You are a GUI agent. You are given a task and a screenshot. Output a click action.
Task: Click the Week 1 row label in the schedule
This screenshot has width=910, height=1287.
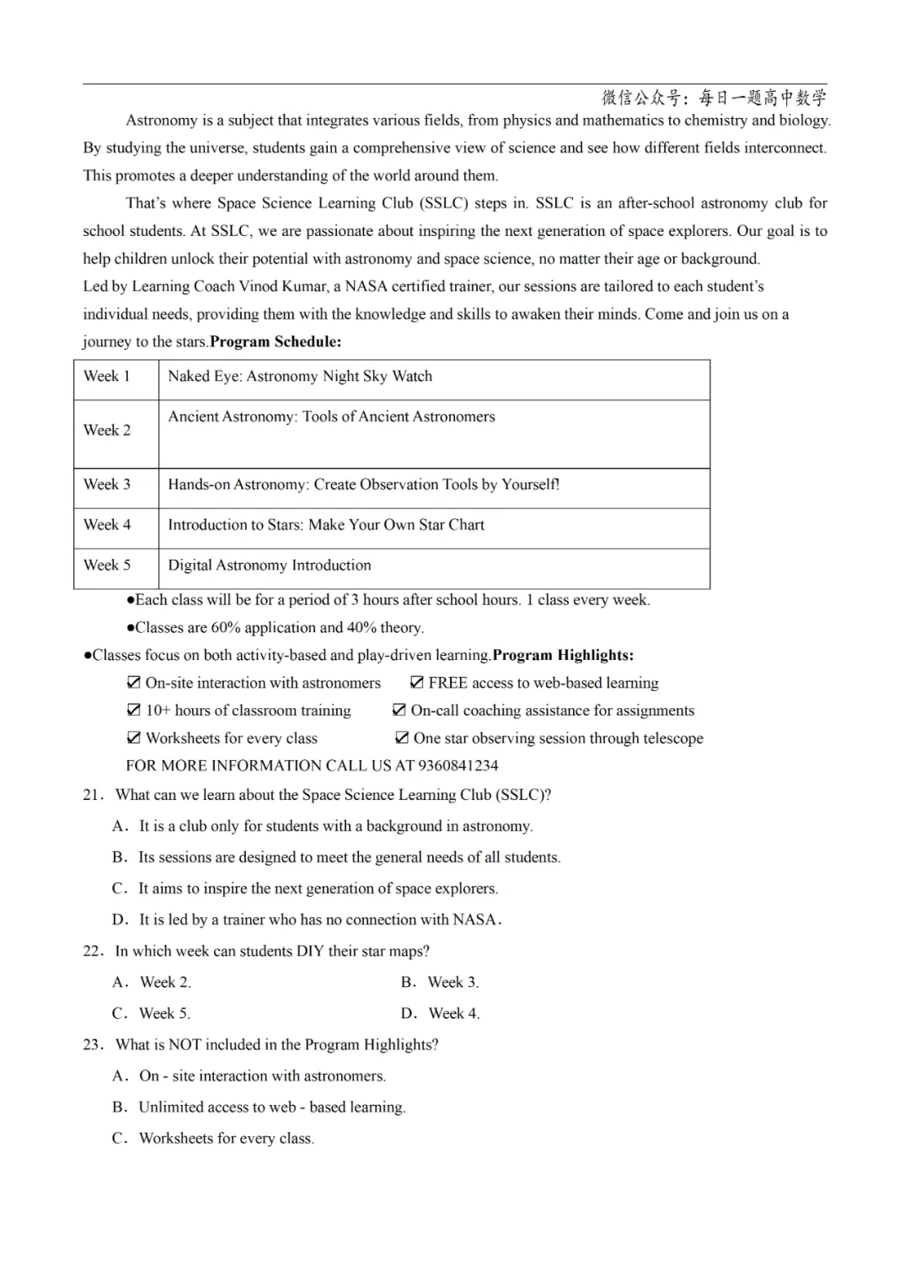pyautogui.click(x=107, y=377)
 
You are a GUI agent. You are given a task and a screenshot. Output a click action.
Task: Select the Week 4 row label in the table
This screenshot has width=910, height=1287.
pyautogui.click(x=107, y=525)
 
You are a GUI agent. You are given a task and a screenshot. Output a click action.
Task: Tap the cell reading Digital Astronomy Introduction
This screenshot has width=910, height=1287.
pyautogui.click(x=270, y=566)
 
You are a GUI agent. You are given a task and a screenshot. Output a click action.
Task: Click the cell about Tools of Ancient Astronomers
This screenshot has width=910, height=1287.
pyautogui.click(x=331, y=417)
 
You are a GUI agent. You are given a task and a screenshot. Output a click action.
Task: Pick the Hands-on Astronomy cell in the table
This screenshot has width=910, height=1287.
pyautogui.click(x=363, y=485)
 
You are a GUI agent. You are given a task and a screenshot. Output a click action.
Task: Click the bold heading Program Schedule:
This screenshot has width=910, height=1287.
pyautogui.click(x=276, y=342)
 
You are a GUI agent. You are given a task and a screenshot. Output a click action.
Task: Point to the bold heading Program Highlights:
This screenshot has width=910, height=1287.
pyautogui.click(x=563, y=656)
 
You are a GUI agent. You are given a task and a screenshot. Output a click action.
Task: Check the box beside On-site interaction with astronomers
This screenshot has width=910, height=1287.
pyautogui.click(x=133, y=683)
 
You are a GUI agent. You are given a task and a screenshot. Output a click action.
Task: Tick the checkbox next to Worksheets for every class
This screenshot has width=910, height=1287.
pyautogui.click(x=133, y=738)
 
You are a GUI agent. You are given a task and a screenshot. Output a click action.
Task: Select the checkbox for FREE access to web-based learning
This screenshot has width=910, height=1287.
pyautogui.click(x=416, y=683)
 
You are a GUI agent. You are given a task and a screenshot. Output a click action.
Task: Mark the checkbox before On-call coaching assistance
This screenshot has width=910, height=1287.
pyautogui.click(x=399, y=711)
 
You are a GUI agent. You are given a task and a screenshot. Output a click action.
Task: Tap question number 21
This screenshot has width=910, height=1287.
pyautogui.click(x=93, y=795)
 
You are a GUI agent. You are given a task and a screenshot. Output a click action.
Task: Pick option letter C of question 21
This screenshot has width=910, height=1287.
pyautogui.click(x=119, y=889)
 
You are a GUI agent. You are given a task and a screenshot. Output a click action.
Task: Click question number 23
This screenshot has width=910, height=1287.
pyautogui.click(x=93, y=1045)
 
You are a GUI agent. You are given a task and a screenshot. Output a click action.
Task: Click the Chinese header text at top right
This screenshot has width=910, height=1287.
pyautogui.click(x=714, y=98)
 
